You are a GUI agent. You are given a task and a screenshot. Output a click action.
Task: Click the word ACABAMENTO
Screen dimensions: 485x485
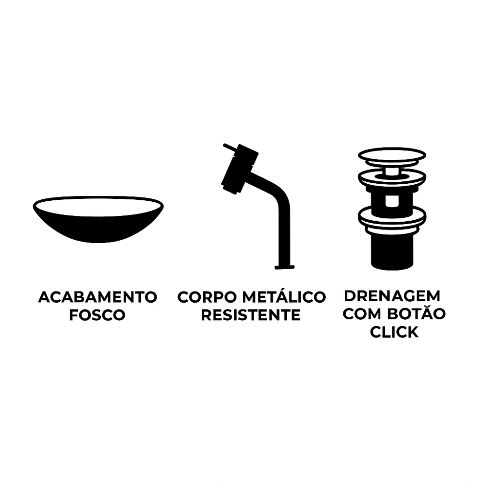click(98, 297)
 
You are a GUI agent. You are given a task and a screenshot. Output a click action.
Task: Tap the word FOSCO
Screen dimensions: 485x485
click(97, 315)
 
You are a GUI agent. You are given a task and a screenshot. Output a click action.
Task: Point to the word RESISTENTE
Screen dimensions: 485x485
click(251, 315)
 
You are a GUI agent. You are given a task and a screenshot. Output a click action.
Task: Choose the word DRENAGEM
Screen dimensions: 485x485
click(392, 296)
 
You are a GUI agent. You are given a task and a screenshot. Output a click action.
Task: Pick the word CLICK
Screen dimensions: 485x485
click(394, 332)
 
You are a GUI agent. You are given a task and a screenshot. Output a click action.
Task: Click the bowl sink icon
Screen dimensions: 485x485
click(98, 219)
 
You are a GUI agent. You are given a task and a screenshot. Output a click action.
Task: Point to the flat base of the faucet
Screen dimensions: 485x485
click(285, 267)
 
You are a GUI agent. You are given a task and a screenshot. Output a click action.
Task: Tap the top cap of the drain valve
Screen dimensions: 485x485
click(392, 155)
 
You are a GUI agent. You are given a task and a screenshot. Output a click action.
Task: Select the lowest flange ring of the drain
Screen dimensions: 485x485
click(392, 216)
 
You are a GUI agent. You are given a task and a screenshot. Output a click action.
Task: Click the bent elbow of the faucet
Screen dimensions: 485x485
click(278, 191)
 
